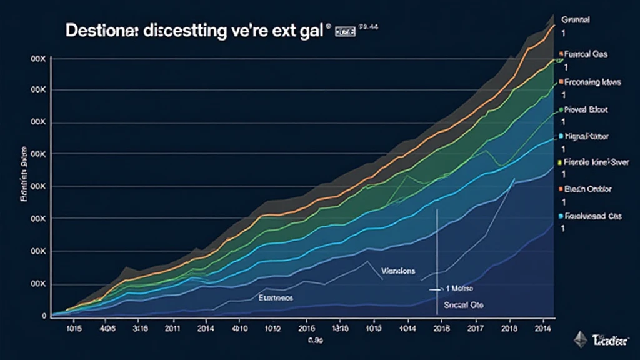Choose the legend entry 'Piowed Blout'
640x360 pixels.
(x=586, y=109)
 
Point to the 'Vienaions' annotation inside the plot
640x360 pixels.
(x=397, y=271)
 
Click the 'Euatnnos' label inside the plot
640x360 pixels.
(x=275, y=299)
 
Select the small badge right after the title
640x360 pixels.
(x=346, y=30)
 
